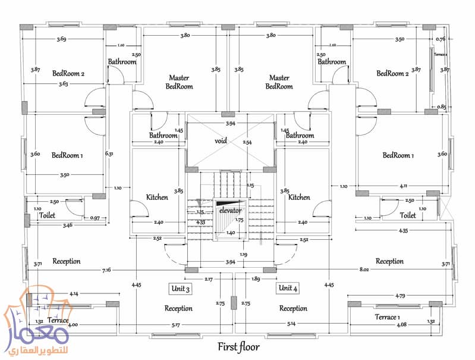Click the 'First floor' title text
click(238, 347)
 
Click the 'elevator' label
click(229, 211)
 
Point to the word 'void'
click(222, 142)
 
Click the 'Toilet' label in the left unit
click(47, 215)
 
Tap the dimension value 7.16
click(106, 270)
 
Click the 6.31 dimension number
click(109, 154)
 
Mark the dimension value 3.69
click(61, 39)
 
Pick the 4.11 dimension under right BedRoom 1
click(405, 186)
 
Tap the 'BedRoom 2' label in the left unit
click(68, 74)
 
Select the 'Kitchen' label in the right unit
click(299, 197)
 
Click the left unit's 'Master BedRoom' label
click(179, 82)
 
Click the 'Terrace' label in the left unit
click(58, 320)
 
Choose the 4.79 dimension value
click(401, 295)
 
